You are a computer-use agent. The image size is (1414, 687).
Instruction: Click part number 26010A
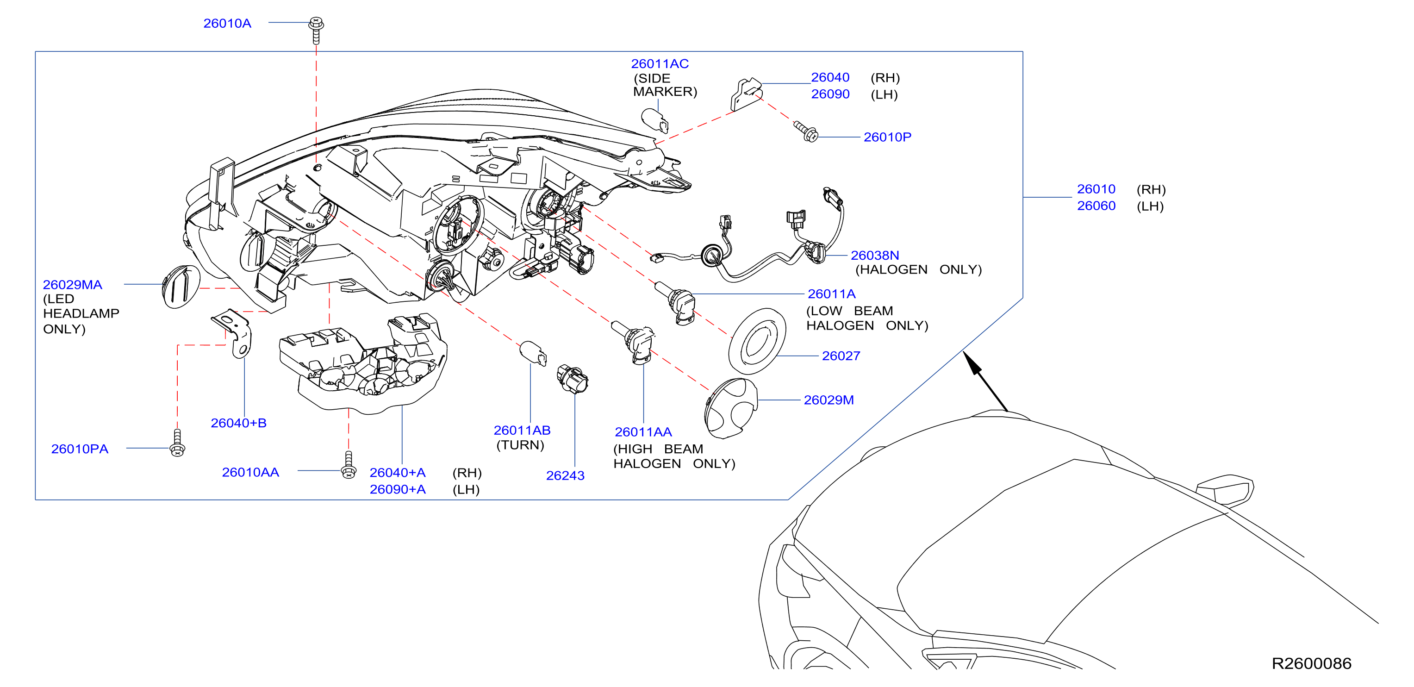click(x=227, y=24)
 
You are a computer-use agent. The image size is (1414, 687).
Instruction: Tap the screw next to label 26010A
click(x=316, y=30)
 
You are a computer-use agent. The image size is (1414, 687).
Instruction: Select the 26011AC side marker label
click(x=664, y=77)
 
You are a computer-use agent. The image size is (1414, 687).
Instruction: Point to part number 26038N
click(x=875, y=256)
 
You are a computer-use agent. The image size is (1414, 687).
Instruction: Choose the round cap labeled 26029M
click(x=730, y=408)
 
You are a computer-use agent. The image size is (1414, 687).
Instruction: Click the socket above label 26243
click(x=573, y=378)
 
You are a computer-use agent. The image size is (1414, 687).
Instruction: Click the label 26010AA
click(x=250, y=472)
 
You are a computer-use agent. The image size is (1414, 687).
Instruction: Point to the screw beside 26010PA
click(x=177, y=443)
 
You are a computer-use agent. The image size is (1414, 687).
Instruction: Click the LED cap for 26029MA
click(x=181, y=287)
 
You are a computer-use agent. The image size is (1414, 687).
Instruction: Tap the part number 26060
click(x=1096, y=206)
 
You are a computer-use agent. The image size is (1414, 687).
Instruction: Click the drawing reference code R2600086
click(x=1311, y=663)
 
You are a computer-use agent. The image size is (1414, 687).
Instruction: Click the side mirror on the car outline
click(x=1225, y=489)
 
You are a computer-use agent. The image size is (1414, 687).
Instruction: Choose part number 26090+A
click(x=398, y=489)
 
